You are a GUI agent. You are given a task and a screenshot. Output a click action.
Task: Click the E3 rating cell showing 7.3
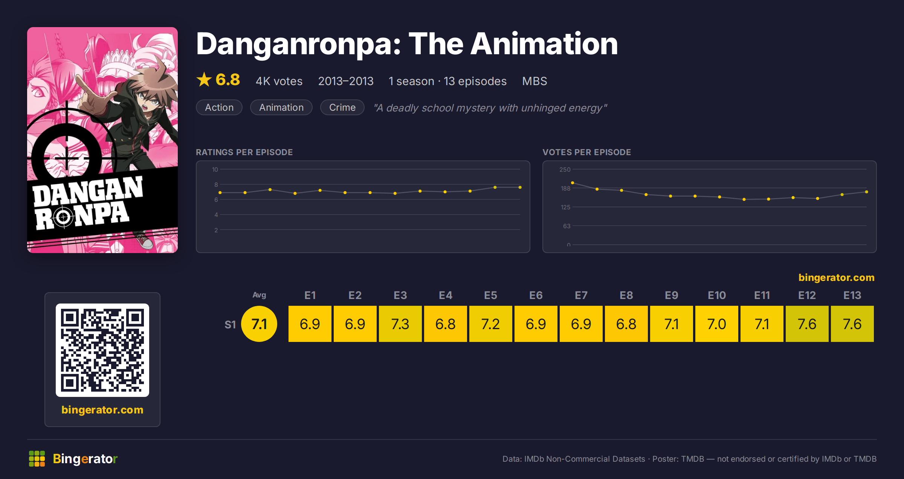click(400, 324)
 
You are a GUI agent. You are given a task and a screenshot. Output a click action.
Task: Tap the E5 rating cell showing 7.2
click(490, 324)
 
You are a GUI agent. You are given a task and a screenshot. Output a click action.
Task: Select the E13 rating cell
click(852, 324)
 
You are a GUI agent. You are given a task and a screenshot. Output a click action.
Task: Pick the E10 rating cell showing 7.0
click(716, 324)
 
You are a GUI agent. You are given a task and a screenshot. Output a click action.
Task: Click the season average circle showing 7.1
click(259, 324)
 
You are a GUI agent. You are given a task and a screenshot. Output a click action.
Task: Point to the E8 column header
click(626, 295)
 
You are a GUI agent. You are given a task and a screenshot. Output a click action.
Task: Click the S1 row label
click(230, 325)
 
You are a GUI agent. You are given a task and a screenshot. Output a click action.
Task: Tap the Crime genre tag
click(342, 107)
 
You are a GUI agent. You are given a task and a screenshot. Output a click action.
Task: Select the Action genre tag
click(219, 107)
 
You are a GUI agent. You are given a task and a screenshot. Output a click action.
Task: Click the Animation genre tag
click(281, 107)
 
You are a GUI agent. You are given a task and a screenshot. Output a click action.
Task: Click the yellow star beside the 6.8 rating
click(204, 79)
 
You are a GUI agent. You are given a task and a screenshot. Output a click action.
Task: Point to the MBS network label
click(534, 81)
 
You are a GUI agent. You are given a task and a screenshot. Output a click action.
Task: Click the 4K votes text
click(279, 81)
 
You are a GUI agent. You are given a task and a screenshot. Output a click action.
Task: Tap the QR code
click(102, 350)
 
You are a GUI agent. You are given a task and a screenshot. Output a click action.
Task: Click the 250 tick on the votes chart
click(565, 169)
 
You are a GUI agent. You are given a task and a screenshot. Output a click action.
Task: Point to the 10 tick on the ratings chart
click(215, 169)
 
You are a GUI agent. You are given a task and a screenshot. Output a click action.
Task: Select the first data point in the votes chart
click(573, 183)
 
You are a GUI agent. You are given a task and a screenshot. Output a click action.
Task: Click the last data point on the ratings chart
click(520, 187)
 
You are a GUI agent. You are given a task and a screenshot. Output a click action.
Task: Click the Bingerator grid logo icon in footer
click(37, 459)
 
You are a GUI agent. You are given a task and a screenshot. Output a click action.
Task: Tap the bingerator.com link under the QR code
click(102, 410)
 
